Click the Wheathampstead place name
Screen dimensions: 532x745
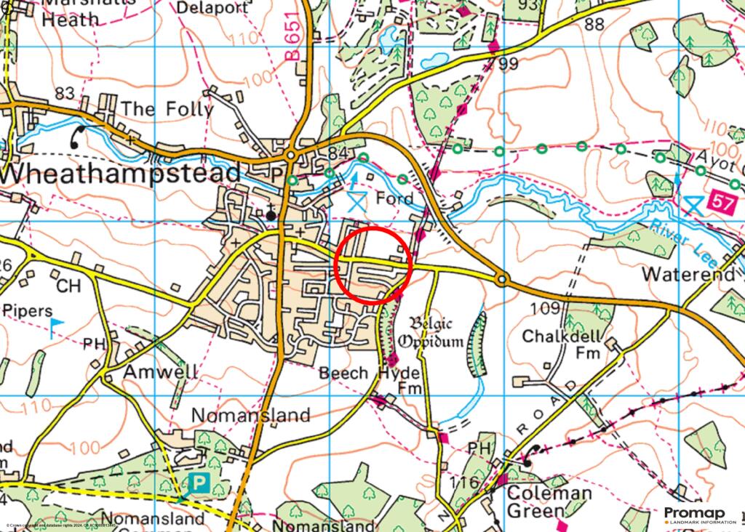pos(120,174)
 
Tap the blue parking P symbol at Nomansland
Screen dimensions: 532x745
pos(199,482)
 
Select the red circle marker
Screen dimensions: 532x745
pos(374,265)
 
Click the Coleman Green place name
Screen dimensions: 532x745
pos(549,502)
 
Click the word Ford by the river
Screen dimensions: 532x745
pos(394,198)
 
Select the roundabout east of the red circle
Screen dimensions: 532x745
pos(501,279)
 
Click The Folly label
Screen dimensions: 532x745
pos(167,109)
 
